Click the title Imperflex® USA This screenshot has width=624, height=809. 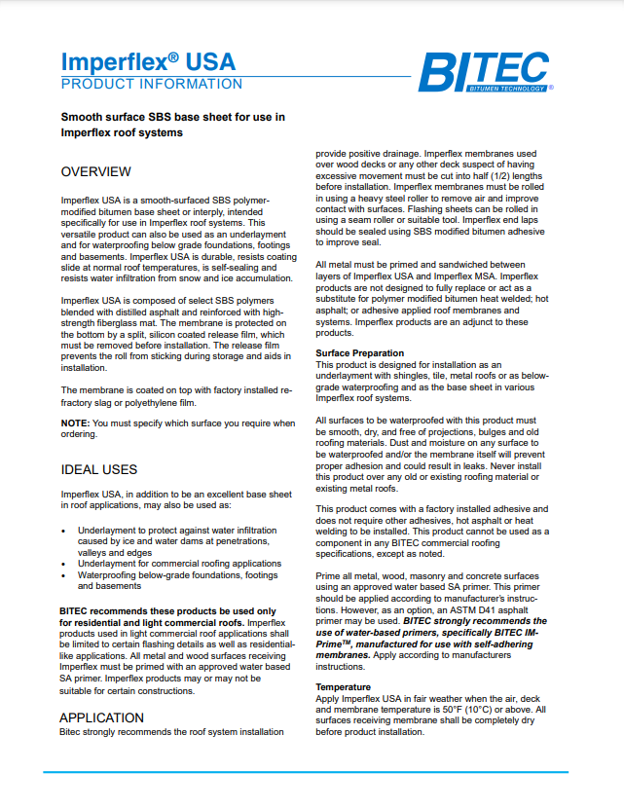148,60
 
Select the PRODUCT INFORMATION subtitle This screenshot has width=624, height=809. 152,84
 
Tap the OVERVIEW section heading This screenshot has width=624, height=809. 95,171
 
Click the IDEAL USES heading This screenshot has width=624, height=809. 98,469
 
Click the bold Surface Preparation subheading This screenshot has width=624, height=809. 359,352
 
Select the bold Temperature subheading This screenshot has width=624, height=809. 345,686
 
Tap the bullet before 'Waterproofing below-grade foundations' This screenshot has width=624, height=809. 63,575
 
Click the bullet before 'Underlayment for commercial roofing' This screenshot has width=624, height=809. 63,563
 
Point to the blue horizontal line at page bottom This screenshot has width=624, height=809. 312,772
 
